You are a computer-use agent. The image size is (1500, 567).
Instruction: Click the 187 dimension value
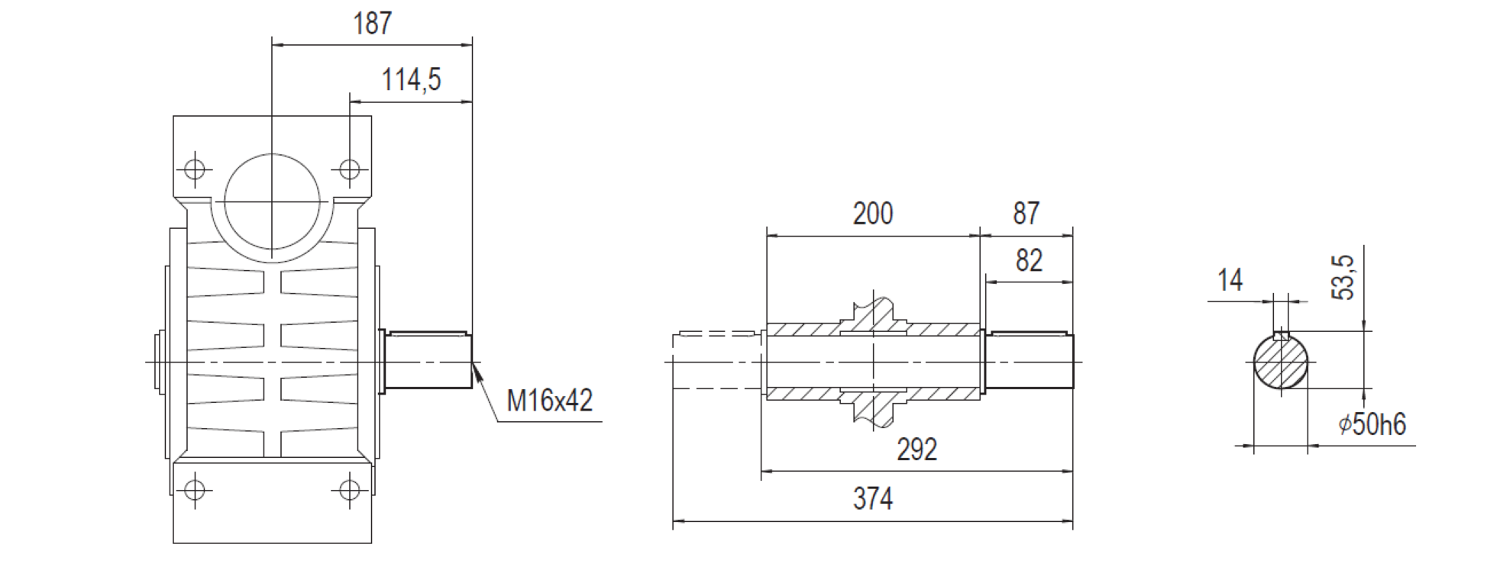(x=372, y=24)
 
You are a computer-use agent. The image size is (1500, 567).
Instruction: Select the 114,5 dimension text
(x=411, y=79)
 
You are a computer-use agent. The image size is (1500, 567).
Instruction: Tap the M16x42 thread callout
(x=550, y=400)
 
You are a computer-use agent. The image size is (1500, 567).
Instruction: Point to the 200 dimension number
(x=872, y=214)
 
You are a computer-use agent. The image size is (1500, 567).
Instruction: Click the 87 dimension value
(x=1026, y=214)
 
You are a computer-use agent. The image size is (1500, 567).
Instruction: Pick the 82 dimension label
(x=1029, y=261)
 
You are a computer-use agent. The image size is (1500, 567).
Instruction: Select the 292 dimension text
(x=916, y=449)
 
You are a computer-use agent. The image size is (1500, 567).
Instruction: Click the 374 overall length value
(x=872, y=499)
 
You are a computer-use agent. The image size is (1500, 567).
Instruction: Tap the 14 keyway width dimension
(x=1230, y=280)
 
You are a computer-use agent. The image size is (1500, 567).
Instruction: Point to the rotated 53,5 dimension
(x=1343, y=277)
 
